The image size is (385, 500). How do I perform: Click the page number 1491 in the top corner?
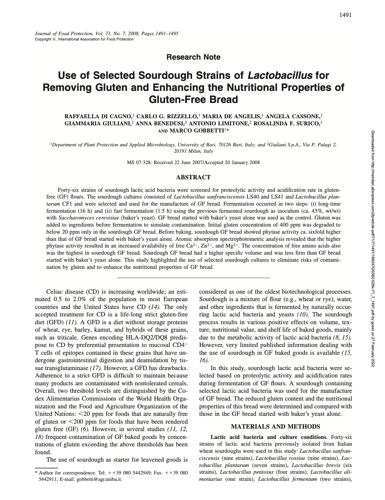coord(345,15)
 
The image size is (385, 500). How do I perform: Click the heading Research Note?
coord(193,57)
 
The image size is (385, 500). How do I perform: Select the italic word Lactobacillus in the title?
coord(280,76)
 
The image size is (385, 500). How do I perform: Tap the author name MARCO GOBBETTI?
coord(197,131)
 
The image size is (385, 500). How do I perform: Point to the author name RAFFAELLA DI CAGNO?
coord(98,116)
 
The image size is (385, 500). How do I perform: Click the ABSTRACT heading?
coord(193,177)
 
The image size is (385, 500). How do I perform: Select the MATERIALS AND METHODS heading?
coord(275,426)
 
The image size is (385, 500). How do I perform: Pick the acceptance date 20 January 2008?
coord(242,163)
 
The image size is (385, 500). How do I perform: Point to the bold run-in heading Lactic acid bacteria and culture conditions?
coord(269,437)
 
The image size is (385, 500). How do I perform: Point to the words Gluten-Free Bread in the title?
coord(193,99)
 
